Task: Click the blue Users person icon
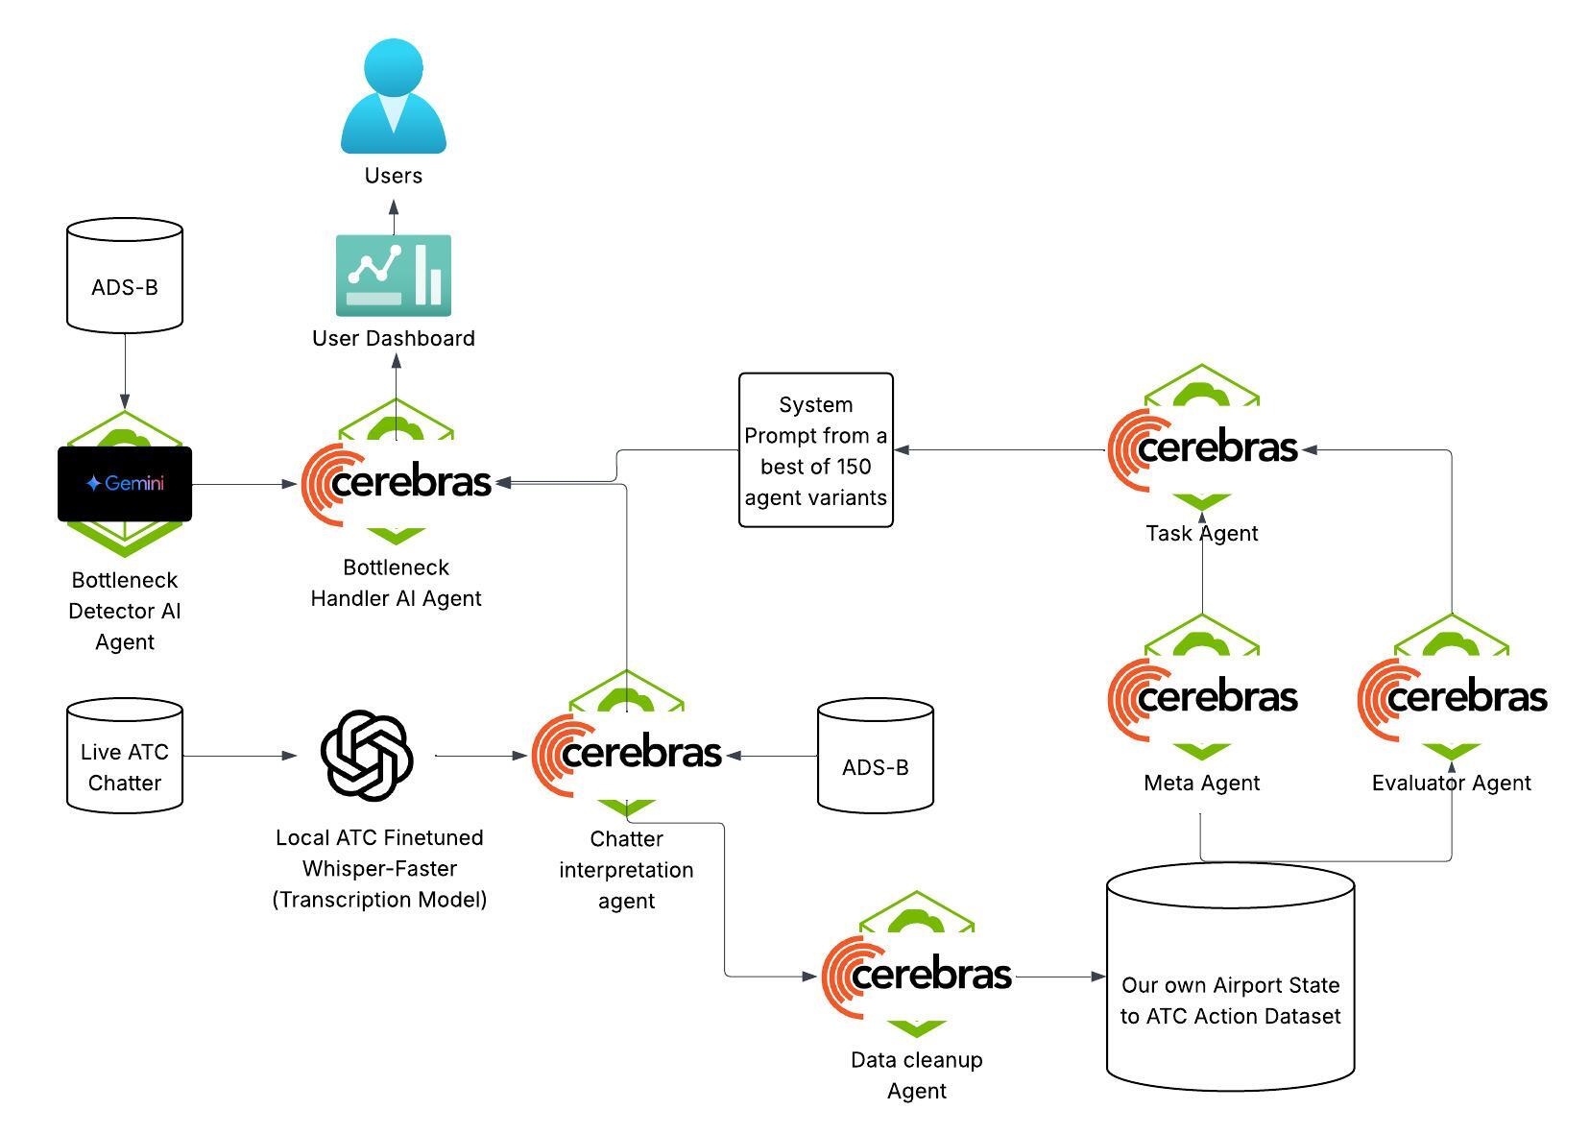click(x=394, y=96)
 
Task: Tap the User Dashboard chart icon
click(x=394, y=276)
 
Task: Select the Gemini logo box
click(x=125, y=484)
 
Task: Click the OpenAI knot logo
click(x=367, y=755)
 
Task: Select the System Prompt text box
click(x=816, y=450)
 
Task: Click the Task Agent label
click(x=1201, y=533)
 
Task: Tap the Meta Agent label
click(x=1201, y=783)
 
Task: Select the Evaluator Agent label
click(x=1451, y=783)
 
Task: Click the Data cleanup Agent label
click(x=917, y=1074)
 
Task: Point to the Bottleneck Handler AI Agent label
click(x=397, y=583)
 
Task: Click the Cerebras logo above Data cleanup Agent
click(x=918, y=975)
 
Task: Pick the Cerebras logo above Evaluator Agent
click(x=1453, y=697)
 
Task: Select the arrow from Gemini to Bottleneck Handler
click(x=245, y=485)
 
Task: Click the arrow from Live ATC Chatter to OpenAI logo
click(x=240, y=756)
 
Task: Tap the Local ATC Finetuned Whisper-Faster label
click(x=379, y=868)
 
